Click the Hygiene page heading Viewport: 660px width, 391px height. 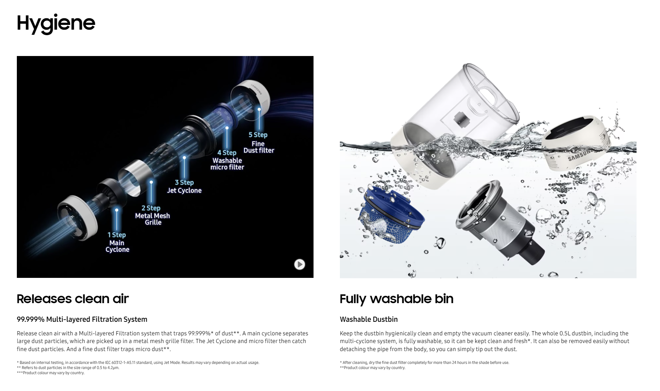(x=56, y=23)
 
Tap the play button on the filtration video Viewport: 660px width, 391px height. (x=300, y=264)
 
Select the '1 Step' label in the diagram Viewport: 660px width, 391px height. (x=116, y=235)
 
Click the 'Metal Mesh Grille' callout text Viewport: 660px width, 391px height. (x=152, y=219)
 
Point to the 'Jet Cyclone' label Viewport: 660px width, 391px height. (x=184, y=190)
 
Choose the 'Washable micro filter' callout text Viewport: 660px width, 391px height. (x=227, y=164)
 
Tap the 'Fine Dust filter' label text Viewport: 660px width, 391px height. (x=259, y=147)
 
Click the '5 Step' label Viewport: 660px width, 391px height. (x=258, y=135)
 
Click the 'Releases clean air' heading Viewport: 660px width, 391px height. (x=73, y=299)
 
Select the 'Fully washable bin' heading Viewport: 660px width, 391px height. (x=396, y=299)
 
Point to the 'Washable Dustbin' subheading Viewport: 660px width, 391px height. (x=368, y=319)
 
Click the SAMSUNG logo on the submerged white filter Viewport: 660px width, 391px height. (x=579, y=154)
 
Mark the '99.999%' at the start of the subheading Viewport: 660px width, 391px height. (x=31, y=319)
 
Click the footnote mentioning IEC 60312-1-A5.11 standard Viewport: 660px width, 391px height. (x=138, y=362)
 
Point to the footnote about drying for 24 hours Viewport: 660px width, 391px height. (x=424, y=362)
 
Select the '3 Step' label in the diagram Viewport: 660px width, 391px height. (x=184, y=182)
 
